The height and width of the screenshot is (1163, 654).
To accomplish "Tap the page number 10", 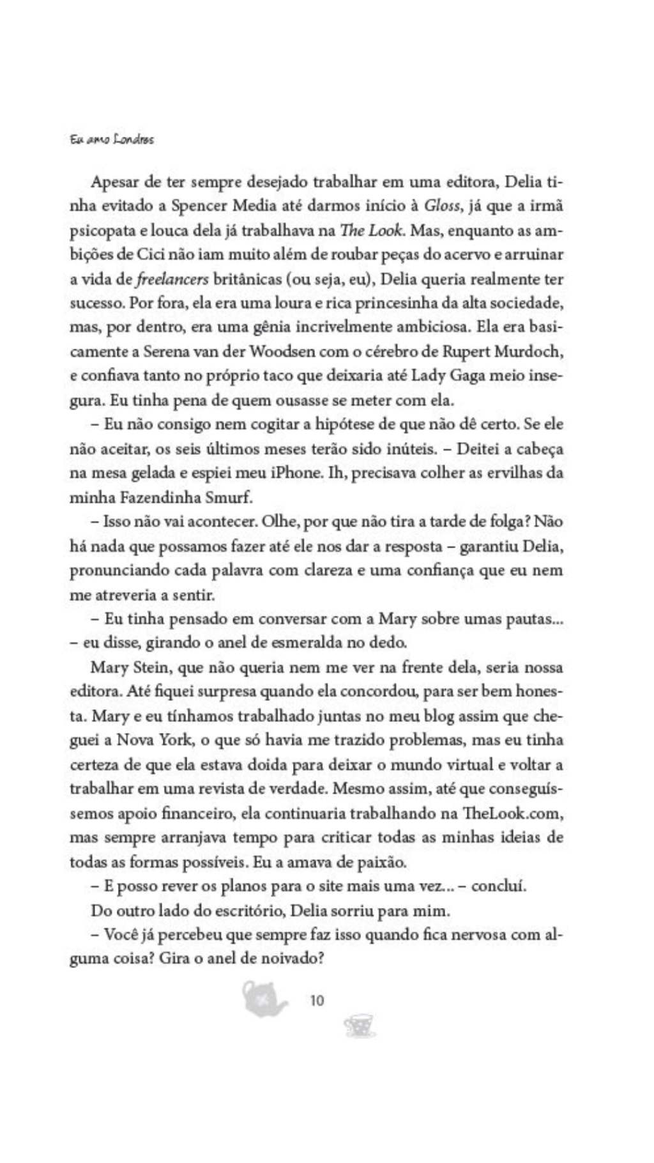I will click(317, 1000).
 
